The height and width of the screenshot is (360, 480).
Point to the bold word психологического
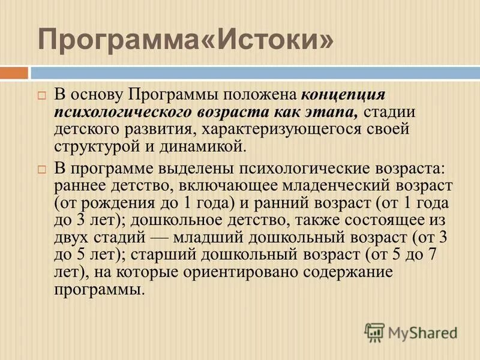click(123, 113)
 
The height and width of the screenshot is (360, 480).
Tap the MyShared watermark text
click(422, 332)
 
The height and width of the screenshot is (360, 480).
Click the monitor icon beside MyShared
click(374, 332)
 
